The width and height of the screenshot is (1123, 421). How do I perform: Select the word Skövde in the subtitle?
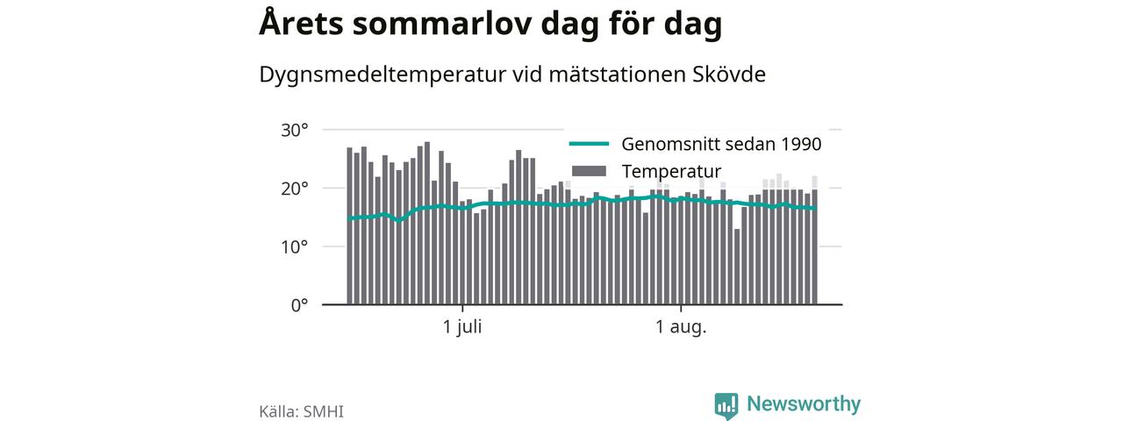(x=729, y=75)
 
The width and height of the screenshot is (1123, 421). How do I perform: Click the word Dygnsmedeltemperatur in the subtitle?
(x=383, y=75)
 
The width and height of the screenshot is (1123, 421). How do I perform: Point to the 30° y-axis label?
(x=294, y=131)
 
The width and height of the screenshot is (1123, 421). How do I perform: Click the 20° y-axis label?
(x=294, y=189)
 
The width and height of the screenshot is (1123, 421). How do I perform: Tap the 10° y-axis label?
(x=294, y=247)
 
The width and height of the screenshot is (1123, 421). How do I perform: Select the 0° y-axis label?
(x=299, y=305)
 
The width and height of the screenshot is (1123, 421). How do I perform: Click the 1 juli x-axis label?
(x=462, y=327)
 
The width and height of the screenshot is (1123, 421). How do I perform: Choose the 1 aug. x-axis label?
(x=681, y=328)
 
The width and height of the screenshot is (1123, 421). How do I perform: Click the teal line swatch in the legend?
(x=589, y=144)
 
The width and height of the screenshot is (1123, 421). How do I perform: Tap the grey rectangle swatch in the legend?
(x=589, y=171)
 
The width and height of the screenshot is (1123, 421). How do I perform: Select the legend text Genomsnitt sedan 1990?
(x=721, y=145)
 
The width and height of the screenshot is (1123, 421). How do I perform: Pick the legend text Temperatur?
(x=671, y=171)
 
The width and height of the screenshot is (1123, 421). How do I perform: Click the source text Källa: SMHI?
(x=301, y=411)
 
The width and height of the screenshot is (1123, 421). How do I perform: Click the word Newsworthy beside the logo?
(x=804, y=403)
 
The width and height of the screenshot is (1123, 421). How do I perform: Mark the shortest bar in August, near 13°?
(x=737, y=267)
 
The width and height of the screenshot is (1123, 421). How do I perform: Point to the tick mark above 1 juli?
(x=462, y=307)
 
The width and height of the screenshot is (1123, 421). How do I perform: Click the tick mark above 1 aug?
(x=681, y=307)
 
